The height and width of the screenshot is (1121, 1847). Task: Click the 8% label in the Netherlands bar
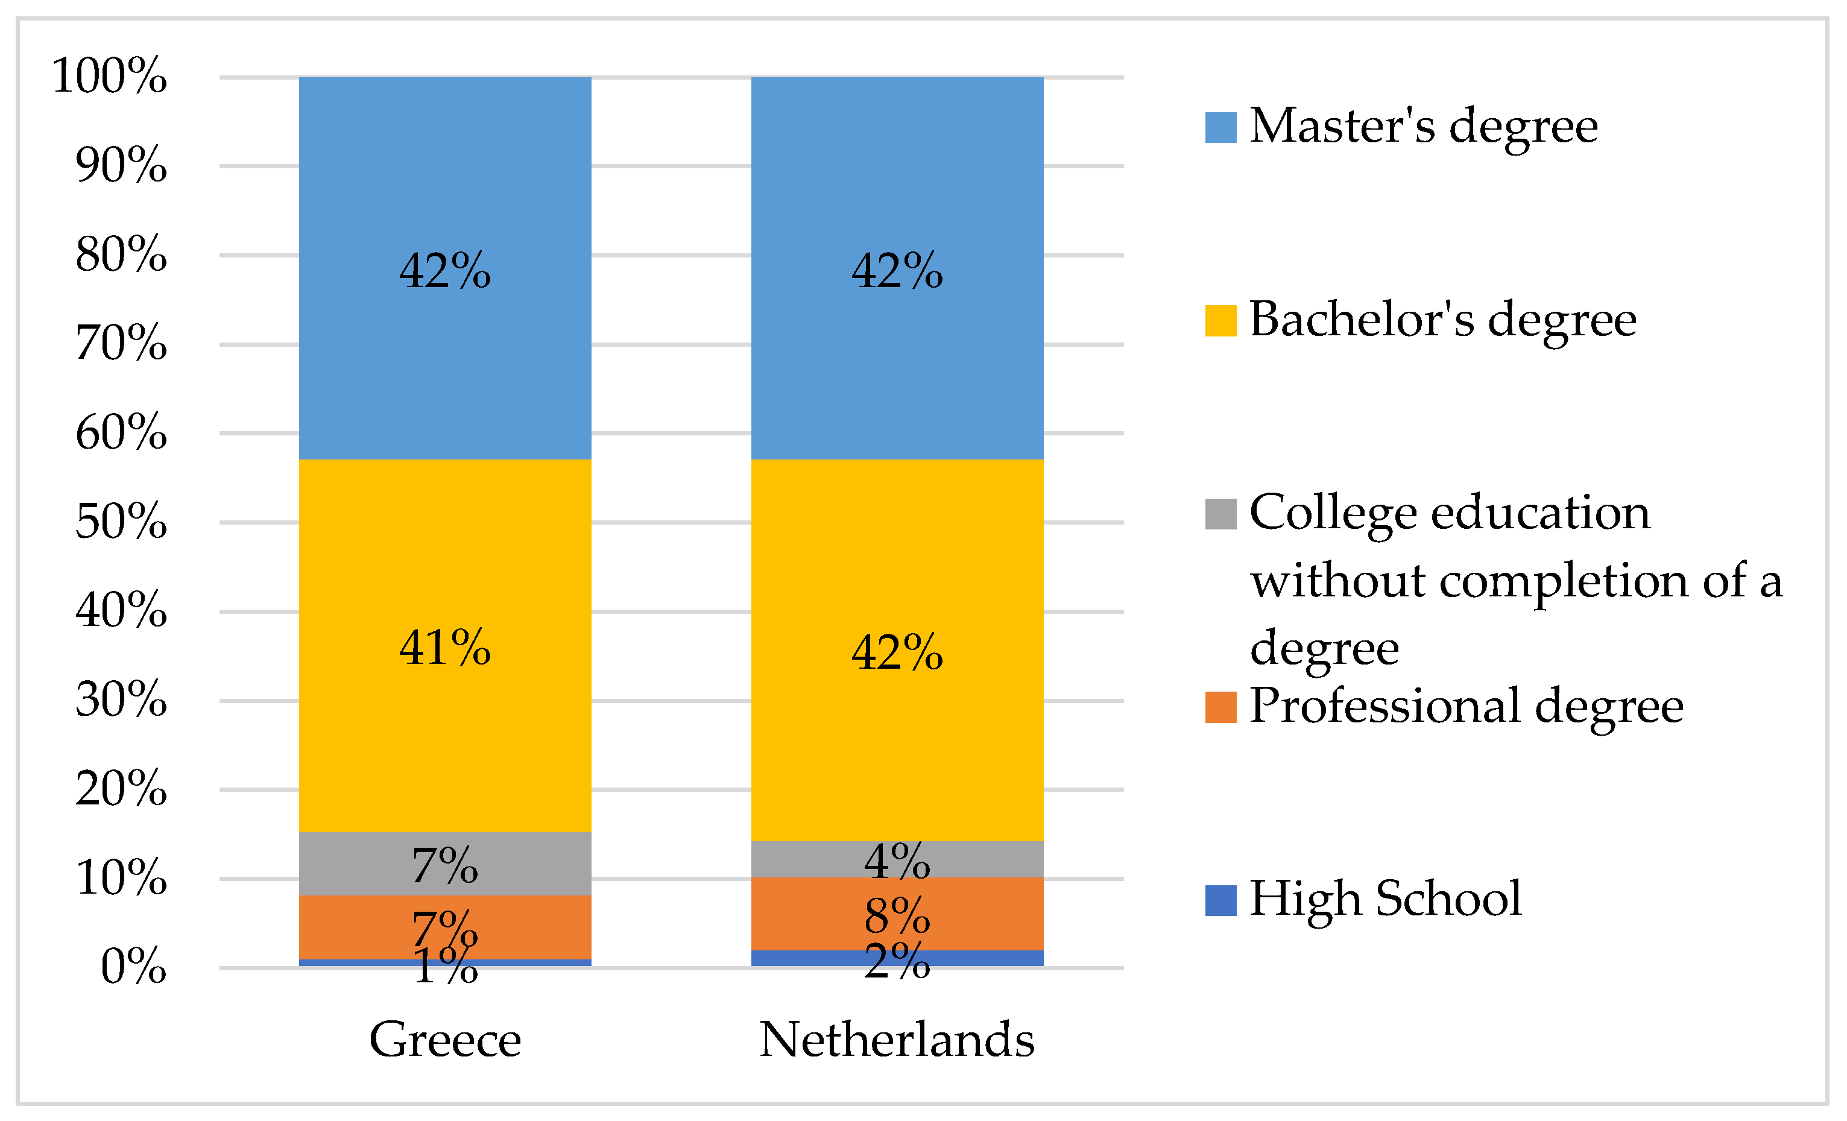coord(897,915)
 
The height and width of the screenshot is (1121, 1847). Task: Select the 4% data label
coord(897,861)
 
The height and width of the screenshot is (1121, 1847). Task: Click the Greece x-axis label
coord(444,1040)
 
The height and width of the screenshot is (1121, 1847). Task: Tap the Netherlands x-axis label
coord(897,1040)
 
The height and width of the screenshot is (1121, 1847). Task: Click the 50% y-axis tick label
coord(121,521)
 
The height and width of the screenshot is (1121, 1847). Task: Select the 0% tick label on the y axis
coord(133,967)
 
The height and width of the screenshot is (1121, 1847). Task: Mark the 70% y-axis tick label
coord(121,344)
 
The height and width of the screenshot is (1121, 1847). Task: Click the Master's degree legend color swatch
coord(1220,127)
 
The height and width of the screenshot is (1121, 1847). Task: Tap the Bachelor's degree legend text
coord(1442,320)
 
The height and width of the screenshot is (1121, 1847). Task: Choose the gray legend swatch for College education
coord(1220,514)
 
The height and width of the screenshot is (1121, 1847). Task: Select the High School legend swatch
coord(1220,900)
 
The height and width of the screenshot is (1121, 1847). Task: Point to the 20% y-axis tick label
coord(121,789)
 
